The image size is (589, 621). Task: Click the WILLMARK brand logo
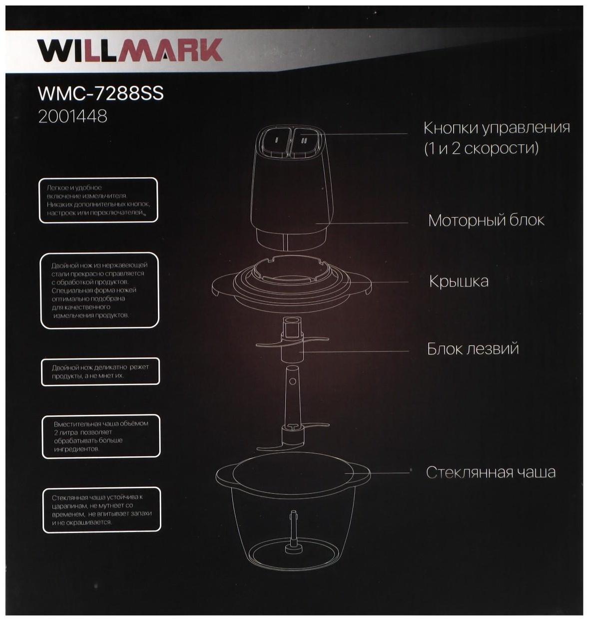tap(130, 50)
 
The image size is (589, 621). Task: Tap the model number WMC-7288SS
tap(100, 93)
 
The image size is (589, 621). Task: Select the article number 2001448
tap(73, 116)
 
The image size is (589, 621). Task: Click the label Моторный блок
tap(486, 220)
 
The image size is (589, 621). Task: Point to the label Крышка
tap(459, 281)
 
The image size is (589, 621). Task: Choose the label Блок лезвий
tap(473, 348)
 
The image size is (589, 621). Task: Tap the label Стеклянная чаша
tap(491, 472)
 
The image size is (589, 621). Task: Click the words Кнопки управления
tap(497, 128)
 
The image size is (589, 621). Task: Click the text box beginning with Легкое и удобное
tap(98, 200)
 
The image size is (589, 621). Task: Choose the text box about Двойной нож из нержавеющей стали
tap(99, 290)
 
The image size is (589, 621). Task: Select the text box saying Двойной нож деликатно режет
tap(100, 371)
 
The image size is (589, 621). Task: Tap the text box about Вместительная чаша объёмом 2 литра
tap(100, 436)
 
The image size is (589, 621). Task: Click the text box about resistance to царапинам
tap(102, 510)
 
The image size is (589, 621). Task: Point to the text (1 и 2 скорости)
tap(481, 149)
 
